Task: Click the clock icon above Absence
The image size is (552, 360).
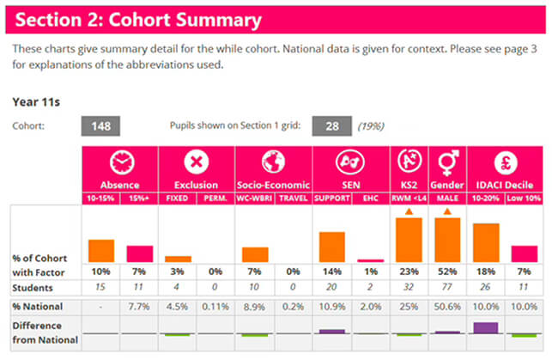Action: point(122,162)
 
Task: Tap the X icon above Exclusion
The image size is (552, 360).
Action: point(197,162)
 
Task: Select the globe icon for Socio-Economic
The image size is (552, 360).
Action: point(273,162)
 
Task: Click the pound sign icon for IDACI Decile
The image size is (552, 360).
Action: point(506,162)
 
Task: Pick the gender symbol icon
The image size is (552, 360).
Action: point(448,162)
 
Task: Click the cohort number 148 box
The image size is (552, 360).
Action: point(100,126)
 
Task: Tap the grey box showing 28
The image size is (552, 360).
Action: point(331,126)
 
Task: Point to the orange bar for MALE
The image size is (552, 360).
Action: point(447,240)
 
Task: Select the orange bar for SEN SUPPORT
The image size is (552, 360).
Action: point(332,247)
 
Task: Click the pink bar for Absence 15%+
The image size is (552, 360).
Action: point(140,254)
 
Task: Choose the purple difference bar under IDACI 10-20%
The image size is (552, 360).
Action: point(486,327)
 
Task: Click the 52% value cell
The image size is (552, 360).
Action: point(447,272)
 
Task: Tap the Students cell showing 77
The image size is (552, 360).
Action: point(447,287)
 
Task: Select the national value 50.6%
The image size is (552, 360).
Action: point(447,307)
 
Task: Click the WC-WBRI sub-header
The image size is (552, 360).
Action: point(254,198)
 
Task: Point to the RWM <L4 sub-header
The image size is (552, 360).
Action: point(409,198)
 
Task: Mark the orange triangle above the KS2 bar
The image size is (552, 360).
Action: point(409,211)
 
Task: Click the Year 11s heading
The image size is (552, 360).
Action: point(36,102)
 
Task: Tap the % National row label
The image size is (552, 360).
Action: point(37,307)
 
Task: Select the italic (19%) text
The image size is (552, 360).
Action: point(371,126)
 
